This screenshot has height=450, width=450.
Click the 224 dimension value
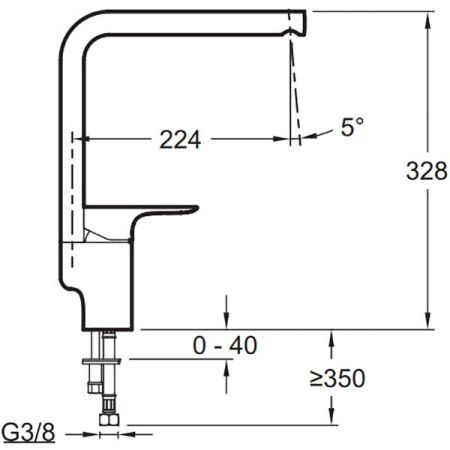tap(180, 140)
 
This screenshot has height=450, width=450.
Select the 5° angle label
tap(352, 128)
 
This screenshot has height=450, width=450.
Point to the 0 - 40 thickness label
tap(225, 345)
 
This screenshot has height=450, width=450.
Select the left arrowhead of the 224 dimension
tap(84, 140)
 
